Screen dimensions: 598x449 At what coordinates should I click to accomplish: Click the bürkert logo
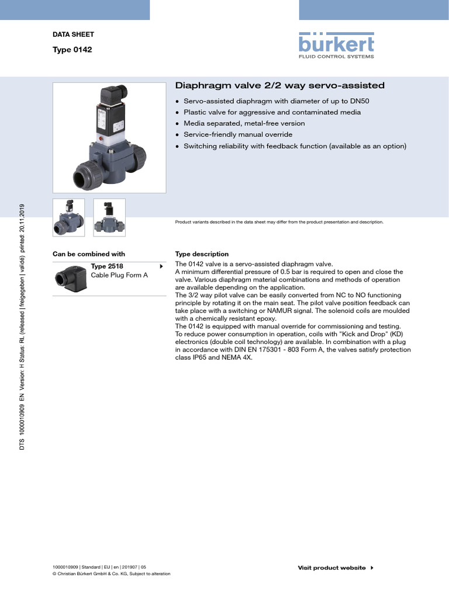click(x=336, y=46)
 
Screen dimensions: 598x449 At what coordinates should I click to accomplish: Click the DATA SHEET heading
click(x=73, y=34)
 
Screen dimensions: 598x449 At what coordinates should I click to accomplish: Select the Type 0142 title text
click(x=72, y=50)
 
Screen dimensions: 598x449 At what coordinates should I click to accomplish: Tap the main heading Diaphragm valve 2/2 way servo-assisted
click(x=280, y=86)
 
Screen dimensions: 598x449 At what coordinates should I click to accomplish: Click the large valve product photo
click(x=109, y=138)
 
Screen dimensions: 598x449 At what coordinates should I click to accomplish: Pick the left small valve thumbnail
click(x=68, y=217)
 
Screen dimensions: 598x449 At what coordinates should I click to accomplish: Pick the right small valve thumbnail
click(x=109, y=217)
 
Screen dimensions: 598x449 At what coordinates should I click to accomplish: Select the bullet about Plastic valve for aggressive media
click(x=272, y=112)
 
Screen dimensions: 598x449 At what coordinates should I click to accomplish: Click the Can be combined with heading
click(x=89, y=254)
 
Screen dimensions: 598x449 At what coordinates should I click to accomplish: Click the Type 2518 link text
click(x=107, y=266)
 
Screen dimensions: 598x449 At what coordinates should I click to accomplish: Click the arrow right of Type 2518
click(x=160, y=267)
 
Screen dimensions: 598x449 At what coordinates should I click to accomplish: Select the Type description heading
click(x=202, y=254)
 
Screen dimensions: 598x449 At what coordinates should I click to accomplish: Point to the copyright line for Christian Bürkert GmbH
click(x=111, y=573)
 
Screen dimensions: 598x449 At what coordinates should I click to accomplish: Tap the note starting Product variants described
click(x=279, y=222)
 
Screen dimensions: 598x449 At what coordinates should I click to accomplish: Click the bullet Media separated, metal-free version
click(x=244, y=123)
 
